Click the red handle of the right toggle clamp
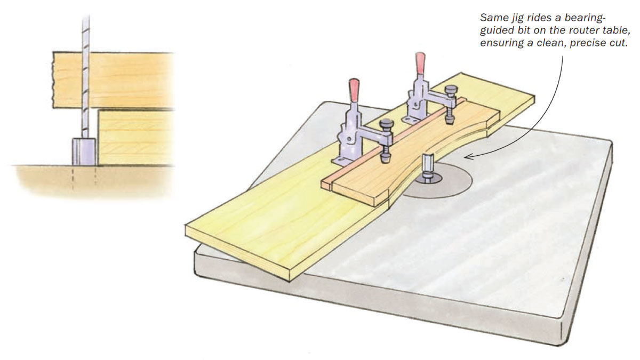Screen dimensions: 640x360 click(x=420, y=62)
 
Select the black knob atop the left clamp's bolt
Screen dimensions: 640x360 click(x=386, y=125)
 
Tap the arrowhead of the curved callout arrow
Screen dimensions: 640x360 click(x=468, y=156)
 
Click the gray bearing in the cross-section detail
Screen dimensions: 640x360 click(x=84, y=151)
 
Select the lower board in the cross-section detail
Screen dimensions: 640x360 click(x=136, y=137)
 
